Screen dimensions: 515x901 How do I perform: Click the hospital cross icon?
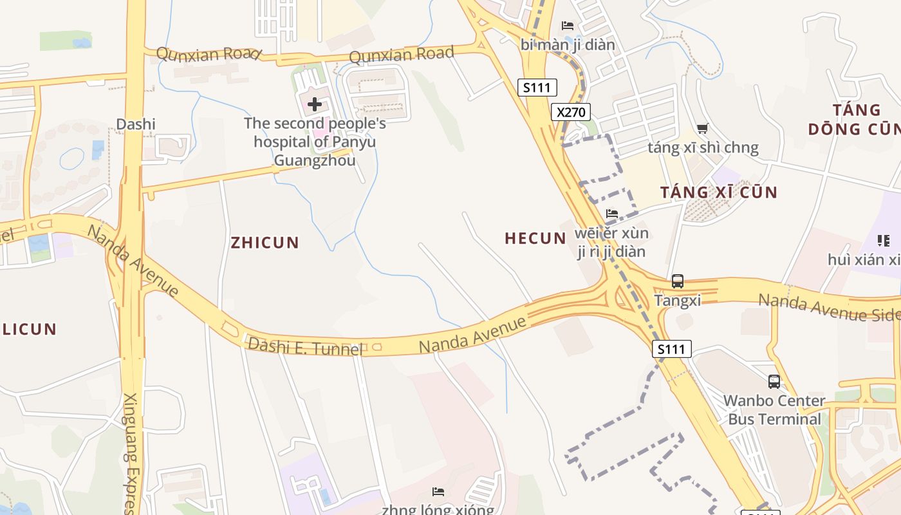315,104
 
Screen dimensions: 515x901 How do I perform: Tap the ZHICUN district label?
265,243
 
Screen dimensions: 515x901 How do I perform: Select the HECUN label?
535,238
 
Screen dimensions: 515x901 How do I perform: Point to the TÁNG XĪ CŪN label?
719,192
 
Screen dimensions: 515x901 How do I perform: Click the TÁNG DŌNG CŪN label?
853,119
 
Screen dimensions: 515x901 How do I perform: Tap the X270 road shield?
571,112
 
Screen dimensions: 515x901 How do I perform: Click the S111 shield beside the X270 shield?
537,88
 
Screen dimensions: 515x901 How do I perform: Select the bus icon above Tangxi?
678,281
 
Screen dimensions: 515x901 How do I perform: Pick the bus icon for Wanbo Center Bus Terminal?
774,381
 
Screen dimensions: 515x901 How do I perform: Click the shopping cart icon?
703,129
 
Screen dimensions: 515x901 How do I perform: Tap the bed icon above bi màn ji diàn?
567,26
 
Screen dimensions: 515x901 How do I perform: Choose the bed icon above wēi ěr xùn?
611,213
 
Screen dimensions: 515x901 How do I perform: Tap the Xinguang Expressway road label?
131,451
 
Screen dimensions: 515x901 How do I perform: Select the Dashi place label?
136,124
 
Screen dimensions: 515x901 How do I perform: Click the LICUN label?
29,329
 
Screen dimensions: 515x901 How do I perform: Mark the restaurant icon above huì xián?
883,241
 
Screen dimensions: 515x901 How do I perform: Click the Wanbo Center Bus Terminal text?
774,410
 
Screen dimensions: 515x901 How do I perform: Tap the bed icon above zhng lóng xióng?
438,492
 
